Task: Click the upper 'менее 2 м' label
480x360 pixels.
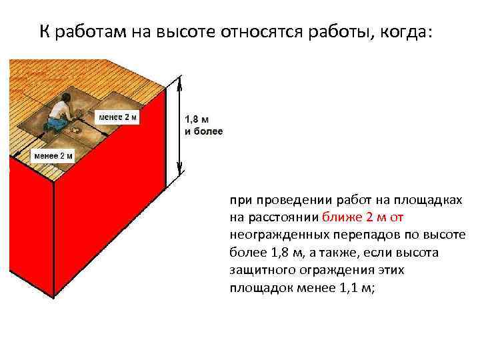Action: click(x=118, y=118)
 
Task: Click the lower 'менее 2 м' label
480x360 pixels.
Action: click(x=53, y=157)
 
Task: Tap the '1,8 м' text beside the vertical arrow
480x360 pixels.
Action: click(x=196, y=119)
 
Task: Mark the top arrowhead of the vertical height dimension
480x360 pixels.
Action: click(x=179, y=81)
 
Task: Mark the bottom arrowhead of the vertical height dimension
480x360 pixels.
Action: click(x=179, y=174)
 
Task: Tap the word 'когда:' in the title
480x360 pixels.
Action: click(x=407, y=31)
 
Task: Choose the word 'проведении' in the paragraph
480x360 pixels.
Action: click(x=281, y=199)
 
